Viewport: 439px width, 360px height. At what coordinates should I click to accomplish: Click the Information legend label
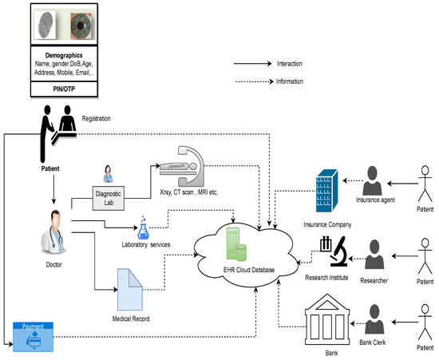291,80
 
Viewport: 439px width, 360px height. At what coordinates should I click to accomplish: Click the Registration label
95,118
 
